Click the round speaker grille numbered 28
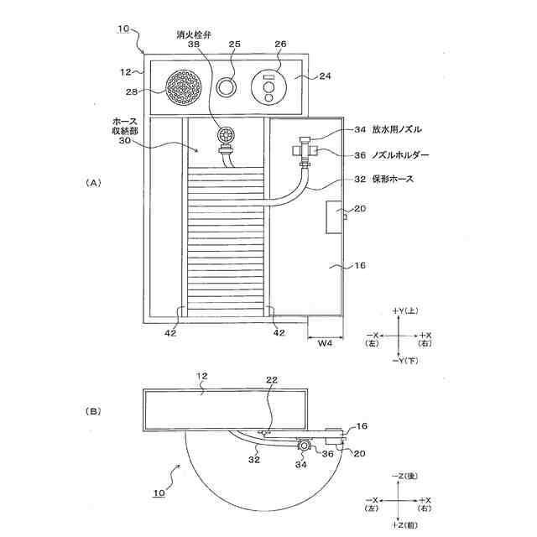pos(185,86)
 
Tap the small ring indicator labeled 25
pos(227,86)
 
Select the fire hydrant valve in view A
pos(226,137)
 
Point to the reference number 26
pos(279,44)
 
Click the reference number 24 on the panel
pos(326,76)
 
